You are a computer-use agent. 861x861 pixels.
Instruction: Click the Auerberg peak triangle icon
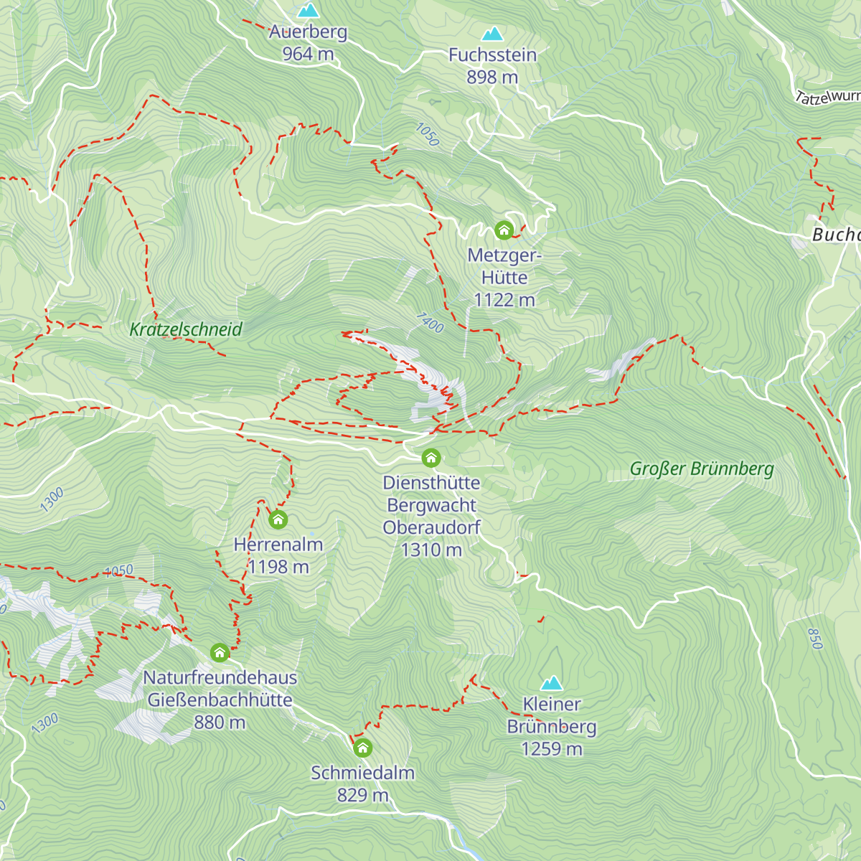pos(309,10)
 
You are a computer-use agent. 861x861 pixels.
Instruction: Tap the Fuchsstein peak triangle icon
pos(492,34)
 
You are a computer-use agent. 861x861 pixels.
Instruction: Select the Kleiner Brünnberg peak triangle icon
pos(551,682)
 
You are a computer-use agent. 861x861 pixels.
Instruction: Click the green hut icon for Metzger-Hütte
pos(504,230)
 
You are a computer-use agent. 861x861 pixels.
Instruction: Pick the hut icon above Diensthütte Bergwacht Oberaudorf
pos(430,458)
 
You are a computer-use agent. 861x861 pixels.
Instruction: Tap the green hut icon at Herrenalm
pos(278,519)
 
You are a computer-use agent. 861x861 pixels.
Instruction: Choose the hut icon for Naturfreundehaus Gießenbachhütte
pos(220,653)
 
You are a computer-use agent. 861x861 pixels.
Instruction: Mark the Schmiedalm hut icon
pos(363,748)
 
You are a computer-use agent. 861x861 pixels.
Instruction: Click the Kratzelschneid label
pos(186,329)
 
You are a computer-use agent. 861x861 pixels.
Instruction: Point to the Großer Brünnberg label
pos(702,469)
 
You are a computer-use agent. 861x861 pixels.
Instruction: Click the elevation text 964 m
pos(308,54)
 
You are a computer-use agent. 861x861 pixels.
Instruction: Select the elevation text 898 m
pos(492,77)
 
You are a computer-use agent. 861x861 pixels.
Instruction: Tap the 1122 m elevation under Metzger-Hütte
pos(504,300)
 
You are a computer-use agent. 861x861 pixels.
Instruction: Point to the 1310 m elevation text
pos(431,550)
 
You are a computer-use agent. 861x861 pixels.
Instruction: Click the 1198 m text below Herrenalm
pos(278,567)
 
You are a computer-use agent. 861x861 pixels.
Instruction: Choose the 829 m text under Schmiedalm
pos(363,795)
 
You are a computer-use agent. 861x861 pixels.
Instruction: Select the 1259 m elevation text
pos(551,749)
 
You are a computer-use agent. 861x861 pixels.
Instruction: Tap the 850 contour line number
pos(814,639)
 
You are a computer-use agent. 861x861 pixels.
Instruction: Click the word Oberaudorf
pos(431,527)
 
